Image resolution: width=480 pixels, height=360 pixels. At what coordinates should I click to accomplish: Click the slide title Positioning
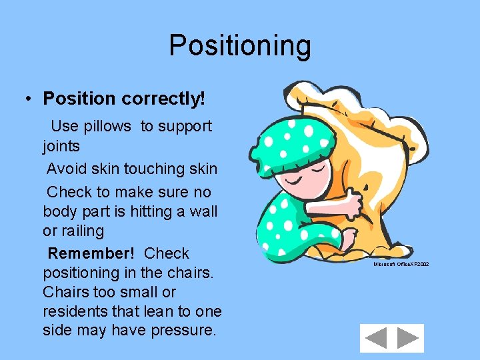click(x=240, y=46)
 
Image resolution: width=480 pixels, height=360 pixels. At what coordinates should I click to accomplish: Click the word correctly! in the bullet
click(x=163, y=99)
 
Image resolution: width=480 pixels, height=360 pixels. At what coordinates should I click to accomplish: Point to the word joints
click(x=61, y=145)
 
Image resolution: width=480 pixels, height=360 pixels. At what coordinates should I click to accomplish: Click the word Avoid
click(x=66, y=169)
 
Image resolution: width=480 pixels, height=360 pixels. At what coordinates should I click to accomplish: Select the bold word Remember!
click(x=91, y=253)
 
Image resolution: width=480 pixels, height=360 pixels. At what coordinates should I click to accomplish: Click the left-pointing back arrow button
click(x=376, y=338)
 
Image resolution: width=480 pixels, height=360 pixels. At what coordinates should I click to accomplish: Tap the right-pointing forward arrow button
click(x=407, y=338)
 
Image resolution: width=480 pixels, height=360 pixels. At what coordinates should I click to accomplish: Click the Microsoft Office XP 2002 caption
click(x=401, y=265)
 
